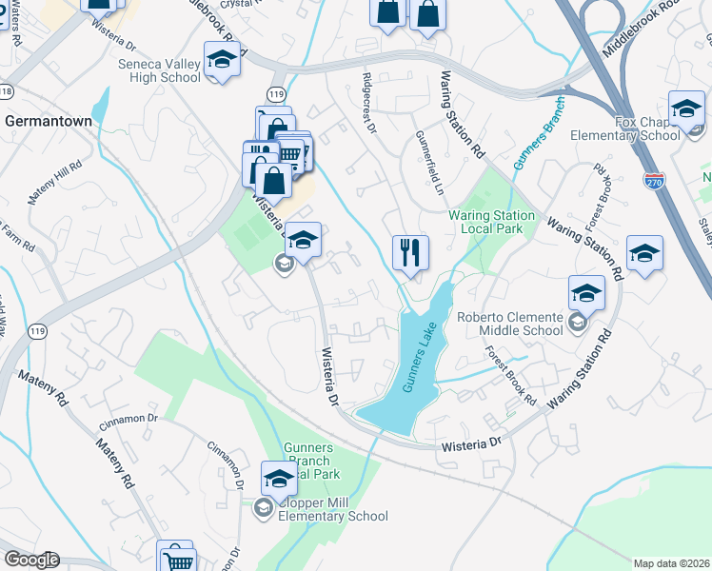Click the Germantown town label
pyautogui.click(x=49, y=122)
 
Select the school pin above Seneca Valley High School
pyautogui.click(x=222, y=61)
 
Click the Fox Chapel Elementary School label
pyautogui.click(x=624, y=128)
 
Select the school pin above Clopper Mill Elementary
pyautogui.click(x=279, y=479)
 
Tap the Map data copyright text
pyautogui.click(x=671, y=563)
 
